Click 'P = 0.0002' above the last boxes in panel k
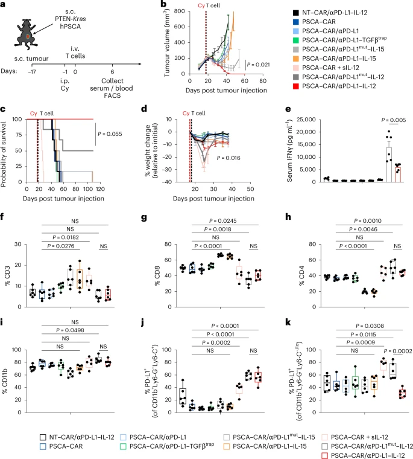tap(393, 348)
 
